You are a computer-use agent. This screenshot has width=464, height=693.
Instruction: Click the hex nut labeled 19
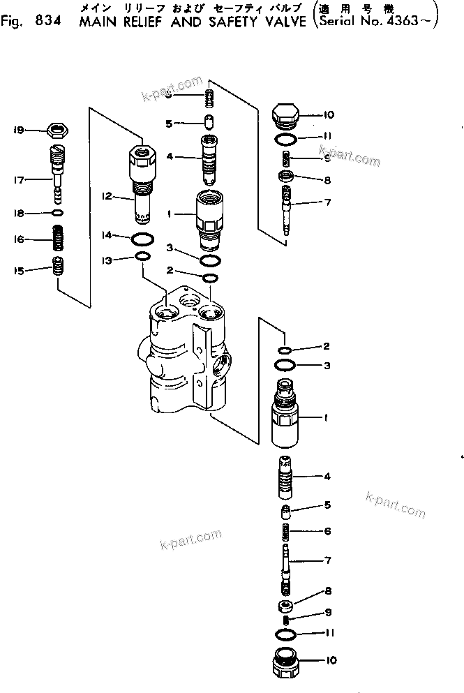(57, 130)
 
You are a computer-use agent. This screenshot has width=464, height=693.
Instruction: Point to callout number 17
(19, 180)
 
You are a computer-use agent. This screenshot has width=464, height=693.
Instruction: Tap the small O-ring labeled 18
(59, 212)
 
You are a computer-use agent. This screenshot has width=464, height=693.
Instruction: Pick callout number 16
(19, 239)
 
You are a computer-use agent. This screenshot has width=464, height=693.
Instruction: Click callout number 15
(19, 270)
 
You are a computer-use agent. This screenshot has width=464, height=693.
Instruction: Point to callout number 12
(107, 197)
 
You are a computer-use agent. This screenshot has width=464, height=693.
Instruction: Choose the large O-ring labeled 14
(142, 239)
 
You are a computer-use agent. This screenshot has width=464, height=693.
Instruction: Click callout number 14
(107, 236)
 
